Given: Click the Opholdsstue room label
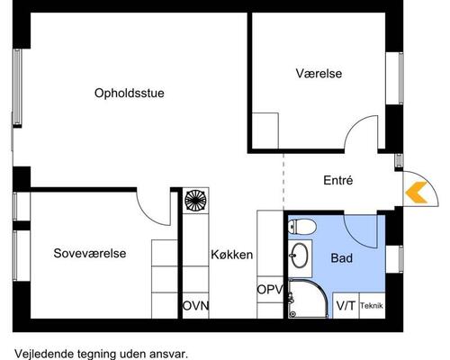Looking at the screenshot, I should pyautogui.click(x=134, y=92).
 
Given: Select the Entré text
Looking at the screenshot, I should pyautogui.click(x=337, y=180).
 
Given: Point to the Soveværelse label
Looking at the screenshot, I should pyautogui.click(x=89, y=253).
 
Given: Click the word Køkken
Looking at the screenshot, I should pyautogui.click(x=232, y=255).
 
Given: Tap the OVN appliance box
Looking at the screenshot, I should pyautogui.click(x=195, y=305).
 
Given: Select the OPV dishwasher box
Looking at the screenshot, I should pyautogui.click(x=270, y=290).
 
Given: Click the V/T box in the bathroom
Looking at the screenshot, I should pyautogui.click(x=345, y=306).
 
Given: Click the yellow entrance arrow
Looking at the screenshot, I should pyautogui.click(x=415, y=191).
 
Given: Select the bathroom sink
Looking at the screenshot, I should pyautogui.click(x=299, y=257).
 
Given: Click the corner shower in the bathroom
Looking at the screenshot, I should pyautogui.click(x=306, y=299).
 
